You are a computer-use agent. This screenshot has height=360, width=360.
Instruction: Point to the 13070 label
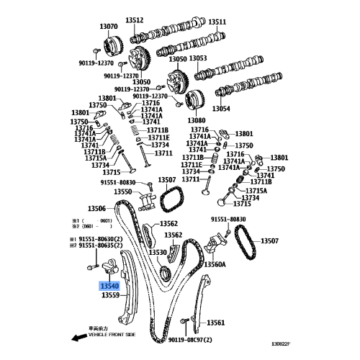109,27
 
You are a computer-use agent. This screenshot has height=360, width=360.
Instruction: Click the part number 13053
198,59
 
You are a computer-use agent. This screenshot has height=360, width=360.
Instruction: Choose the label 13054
221,108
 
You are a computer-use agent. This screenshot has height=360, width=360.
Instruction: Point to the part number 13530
158,253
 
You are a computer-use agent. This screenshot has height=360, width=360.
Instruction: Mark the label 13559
110,295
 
